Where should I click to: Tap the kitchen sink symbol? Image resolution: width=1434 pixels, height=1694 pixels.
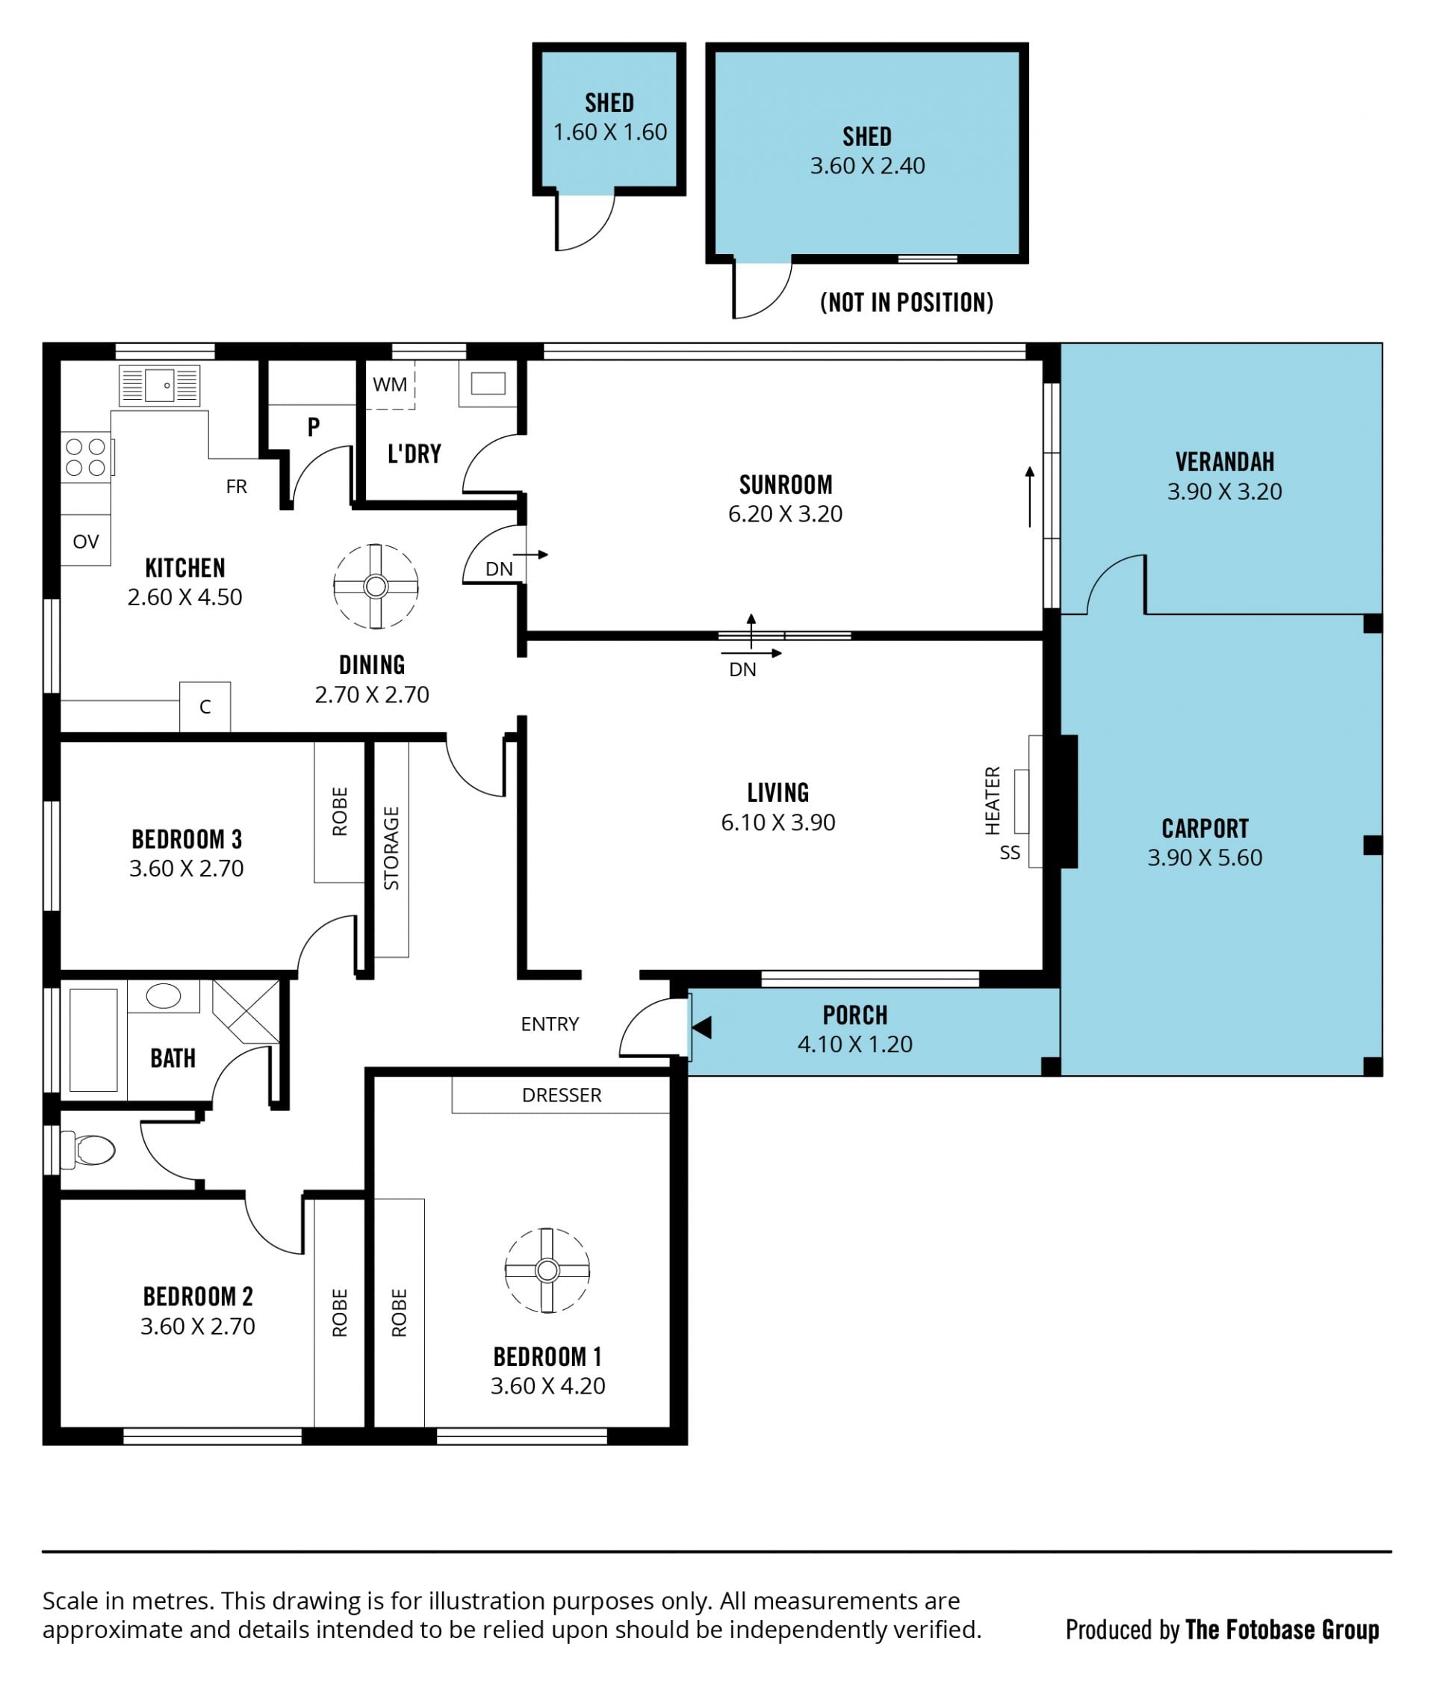pos(159,385)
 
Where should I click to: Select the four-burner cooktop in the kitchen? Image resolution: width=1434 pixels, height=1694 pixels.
pos(87,457)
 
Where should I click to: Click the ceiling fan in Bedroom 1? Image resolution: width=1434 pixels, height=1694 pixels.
pos(547,1270)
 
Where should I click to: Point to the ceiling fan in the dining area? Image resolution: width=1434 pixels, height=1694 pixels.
pos(376,586)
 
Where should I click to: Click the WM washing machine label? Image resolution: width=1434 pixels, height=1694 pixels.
pos(390,385)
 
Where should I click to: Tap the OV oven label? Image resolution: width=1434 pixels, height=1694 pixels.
pos(85,542)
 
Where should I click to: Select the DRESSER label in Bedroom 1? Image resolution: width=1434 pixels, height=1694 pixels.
pos(562,1095)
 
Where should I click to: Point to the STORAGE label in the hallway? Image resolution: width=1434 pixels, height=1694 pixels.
pos(391,848)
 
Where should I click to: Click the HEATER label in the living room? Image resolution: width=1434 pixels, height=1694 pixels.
pos(993,800)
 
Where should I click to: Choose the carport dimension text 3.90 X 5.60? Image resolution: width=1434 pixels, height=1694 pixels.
pos(1205,857)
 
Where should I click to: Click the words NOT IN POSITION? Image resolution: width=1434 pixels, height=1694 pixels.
pos(907,303)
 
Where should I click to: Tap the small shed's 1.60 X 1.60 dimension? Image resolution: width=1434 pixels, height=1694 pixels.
pos(609,132)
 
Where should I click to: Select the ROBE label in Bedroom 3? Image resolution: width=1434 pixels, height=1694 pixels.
pos(340,811)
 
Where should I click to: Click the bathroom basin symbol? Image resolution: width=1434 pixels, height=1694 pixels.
pos(164,996)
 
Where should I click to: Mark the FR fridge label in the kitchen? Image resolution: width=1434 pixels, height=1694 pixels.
pos(237,486)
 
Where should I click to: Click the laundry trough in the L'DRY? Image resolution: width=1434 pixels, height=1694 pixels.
pos(488,383)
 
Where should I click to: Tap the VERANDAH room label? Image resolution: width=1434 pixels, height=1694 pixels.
pos(1224,462)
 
